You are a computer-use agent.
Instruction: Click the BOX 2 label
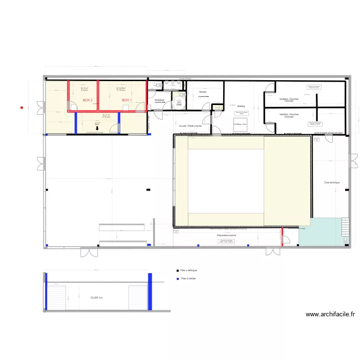click(87, 100)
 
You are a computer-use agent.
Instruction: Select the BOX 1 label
click(126, 100)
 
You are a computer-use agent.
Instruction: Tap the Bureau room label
click(203, 92)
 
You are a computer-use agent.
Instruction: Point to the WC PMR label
click(179, 103)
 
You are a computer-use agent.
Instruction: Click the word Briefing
click(240, 106)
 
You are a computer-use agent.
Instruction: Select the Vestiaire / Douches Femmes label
click(289, 100)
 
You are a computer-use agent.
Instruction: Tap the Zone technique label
click(332, 183)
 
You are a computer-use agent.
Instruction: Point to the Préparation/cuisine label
click(227, 236)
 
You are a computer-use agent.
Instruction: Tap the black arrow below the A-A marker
click(97, 128)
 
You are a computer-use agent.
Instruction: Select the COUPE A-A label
click(96, 298)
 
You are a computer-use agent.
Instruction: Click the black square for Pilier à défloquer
click(178, 271)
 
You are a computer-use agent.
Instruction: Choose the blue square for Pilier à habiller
click(178, 278)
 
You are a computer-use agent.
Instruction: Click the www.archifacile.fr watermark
click(330, 315)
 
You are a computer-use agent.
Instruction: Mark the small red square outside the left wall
click(22, 108)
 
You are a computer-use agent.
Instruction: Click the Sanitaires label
click(159, 100)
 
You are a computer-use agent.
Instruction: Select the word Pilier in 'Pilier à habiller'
click(183, 278)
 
